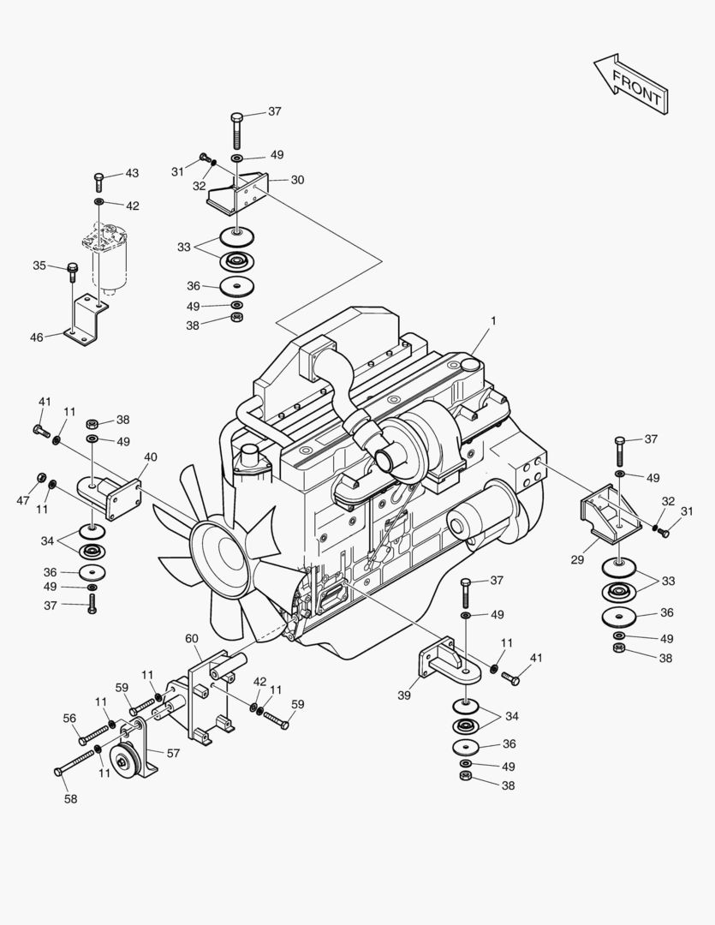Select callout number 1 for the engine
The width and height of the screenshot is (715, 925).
pos(493,321)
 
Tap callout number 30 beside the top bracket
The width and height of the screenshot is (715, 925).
pos(297,180)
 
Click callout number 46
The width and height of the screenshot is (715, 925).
pos(37,337)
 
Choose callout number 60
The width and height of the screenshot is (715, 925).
pos(192,638)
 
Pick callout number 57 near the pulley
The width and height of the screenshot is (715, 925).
pos(173,754)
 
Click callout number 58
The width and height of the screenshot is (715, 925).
pos(70,799)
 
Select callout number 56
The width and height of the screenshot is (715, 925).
pos(69,719)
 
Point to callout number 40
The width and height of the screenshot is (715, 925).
pos(150,457)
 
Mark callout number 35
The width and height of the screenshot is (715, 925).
pos(39,266)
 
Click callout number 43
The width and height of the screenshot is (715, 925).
pos(132,173)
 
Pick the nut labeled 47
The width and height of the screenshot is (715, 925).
pos(40,477)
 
